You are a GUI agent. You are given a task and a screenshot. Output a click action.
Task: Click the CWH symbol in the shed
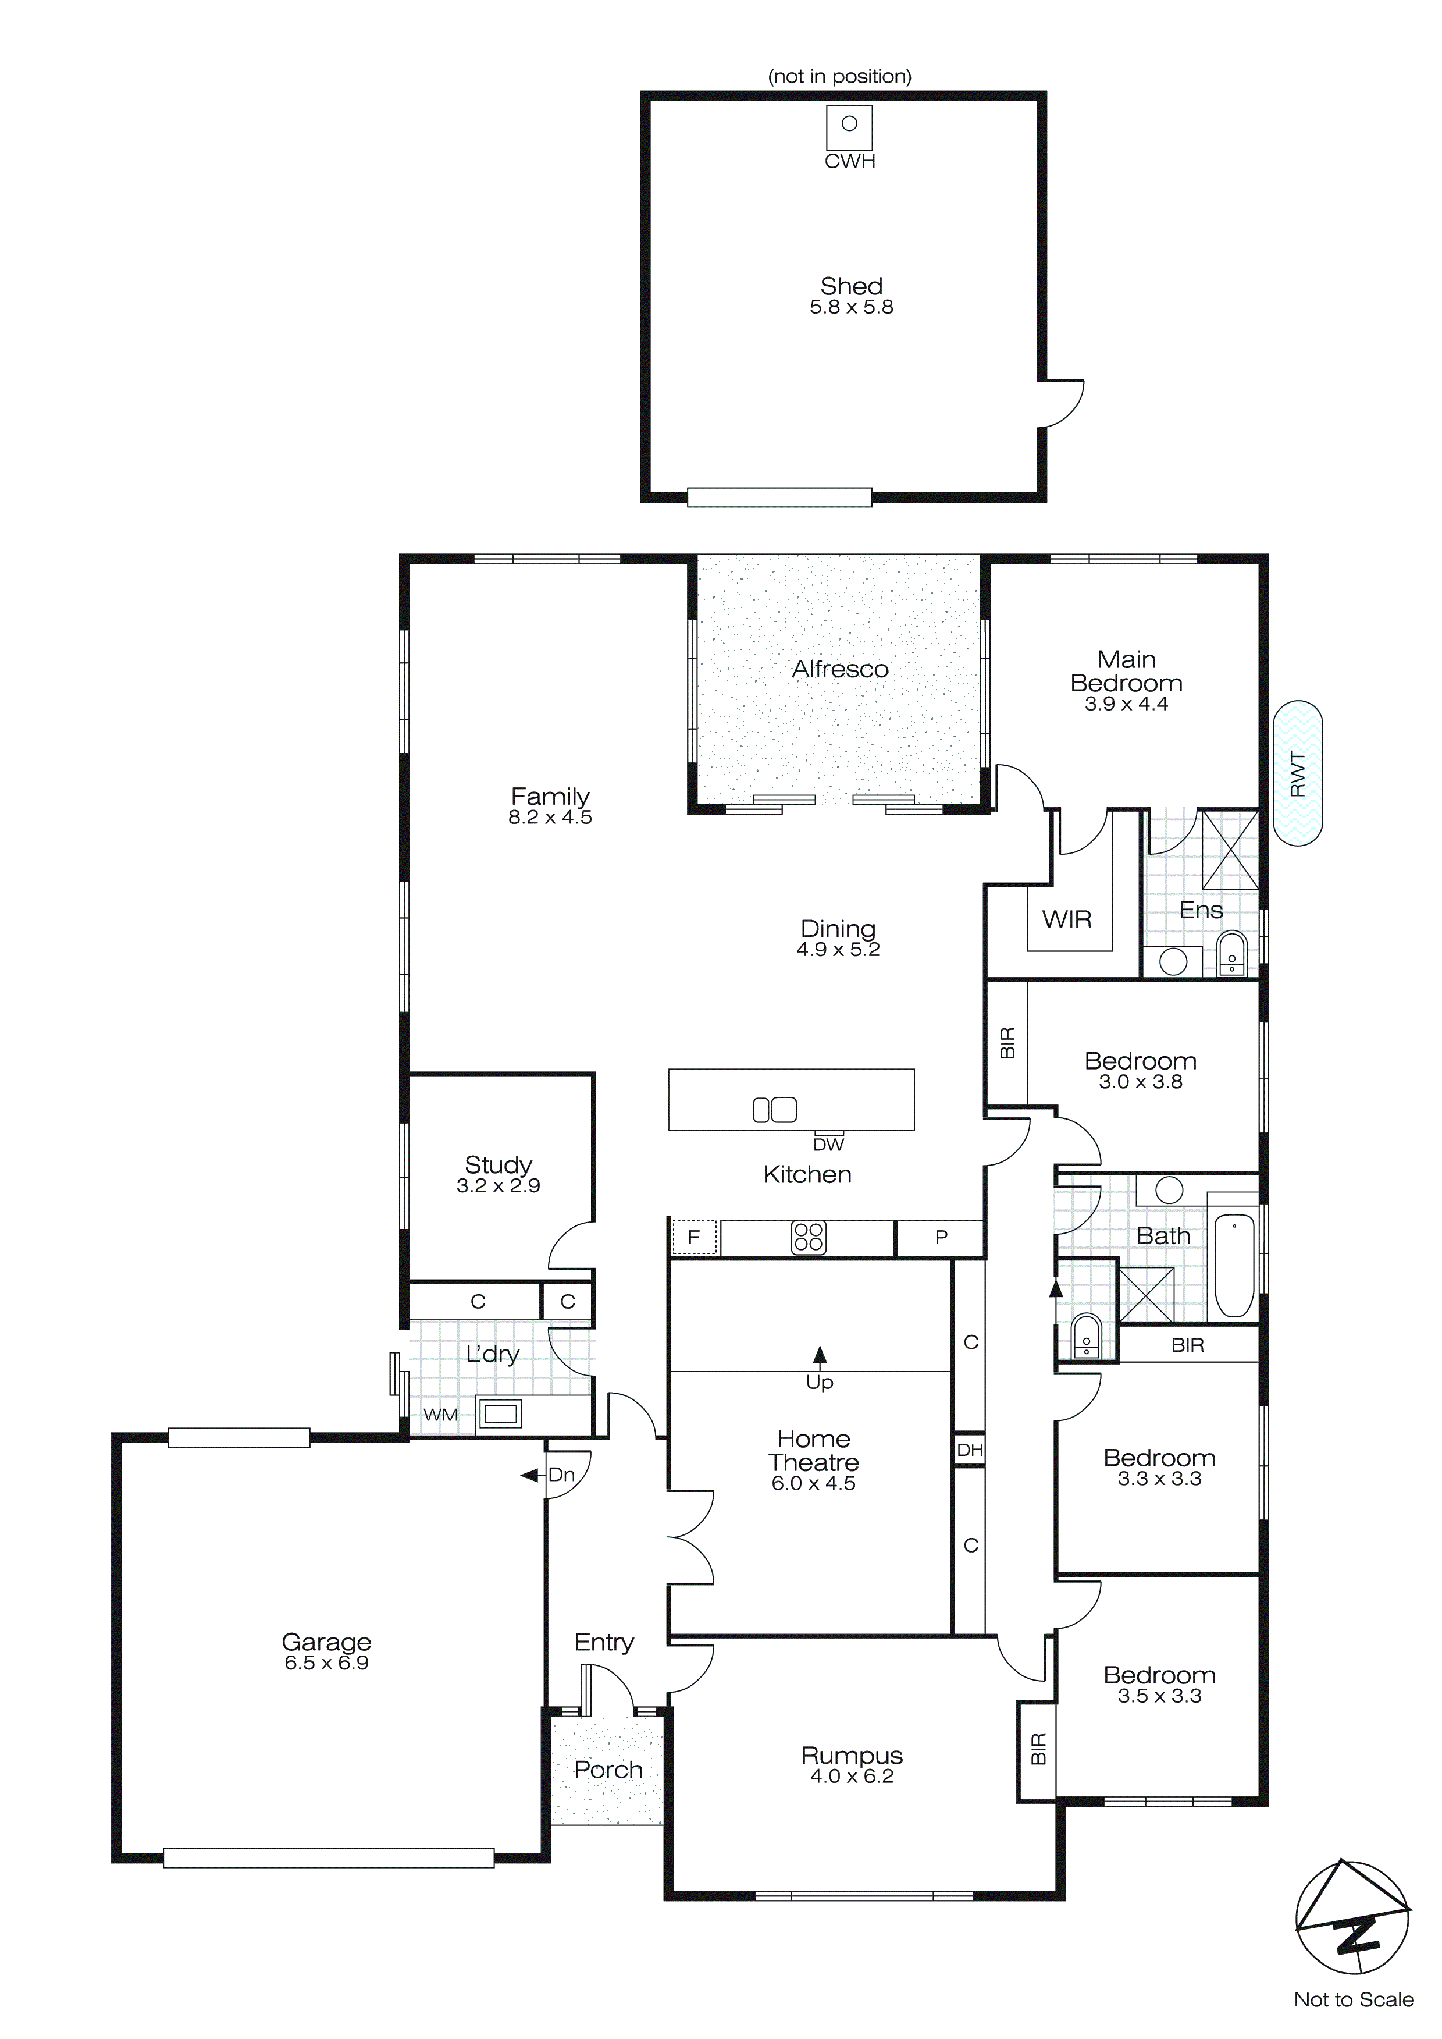coord(850,127)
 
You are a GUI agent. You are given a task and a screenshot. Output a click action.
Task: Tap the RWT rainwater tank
coord(1297,773)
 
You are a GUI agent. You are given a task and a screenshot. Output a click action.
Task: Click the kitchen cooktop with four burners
coord(808,1237)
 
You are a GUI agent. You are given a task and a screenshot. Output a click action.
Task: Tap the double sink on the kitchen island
coord(774,1110)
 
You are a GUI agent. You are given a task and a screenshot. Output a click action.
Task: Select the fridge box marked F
coord(693,1237)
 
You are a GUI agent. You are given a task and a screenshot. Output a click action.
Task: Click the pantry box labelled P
coord(941,1237)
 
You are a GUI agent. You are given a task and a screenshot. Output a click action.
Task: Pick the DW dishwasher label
coord(828,1145)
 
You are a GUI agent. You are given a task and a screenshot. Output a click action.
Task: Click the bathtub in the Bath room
coord(1233,1264)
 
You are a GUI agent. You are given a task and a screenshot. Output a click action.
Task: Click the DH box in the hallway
coord(970,1450)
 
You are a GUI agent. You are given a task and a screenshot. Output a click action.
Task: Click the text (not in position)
coord(839,76)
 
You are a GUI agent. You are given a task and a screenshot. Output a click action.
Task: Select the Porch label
coord(608,1770)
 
